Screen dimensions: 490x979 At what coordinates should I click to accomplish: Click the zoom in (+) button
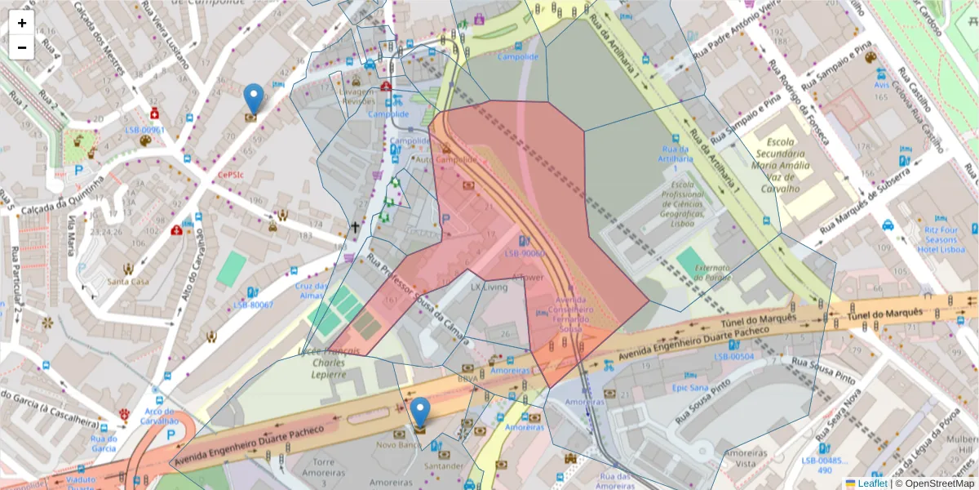[22, 23]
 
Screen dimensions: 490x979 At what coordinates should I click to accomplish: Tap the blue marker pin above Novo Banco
[420, 412]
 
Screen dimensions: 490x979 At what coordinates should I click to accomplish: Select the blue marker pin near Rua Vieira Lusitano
[255, 99]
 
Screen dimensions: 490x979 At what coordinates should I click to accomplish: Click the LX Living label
[489, 287]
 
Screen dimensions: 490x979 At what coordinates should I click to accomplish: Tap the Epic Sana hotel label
[691, 388]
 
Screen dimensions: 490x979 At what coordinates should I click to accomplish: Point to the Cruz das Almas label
[312, 291]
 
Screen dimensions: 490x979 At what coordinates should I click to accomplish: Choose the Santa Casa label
[128, 282]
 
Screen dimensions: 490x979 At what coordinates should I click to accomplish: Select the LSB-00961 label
[144, 130]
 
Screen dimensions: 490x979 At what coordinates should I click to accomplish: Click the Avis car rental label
[880, 84]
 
